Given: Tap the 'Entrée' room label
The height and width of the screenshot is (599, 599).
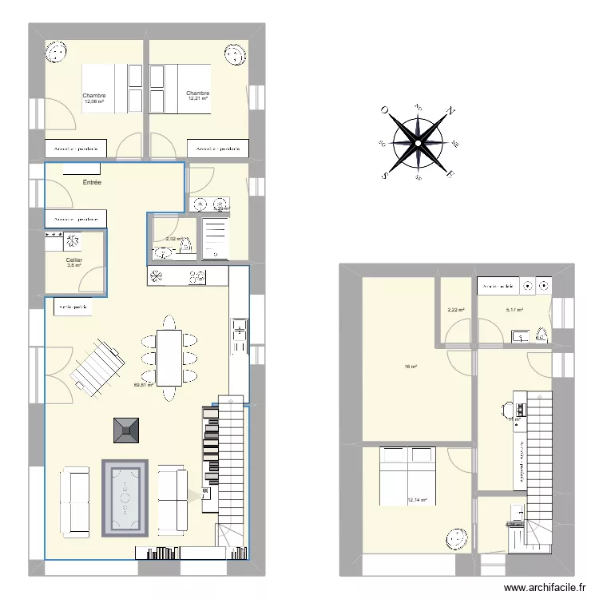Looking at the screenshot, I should (x=93, y=183).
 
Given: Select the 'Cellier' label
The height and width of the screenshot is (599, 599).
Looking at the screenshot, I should (x=74, y=260).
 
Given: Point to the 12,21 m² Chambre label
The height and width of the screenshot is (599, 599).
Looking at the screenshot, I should (x=197, y=96).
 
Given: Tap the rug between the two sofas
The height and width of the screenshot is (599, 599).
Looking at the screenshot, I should (x=125, y=498).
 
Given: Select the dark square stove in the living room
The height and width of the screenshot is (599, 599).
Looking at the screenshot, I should (x=125, y=430).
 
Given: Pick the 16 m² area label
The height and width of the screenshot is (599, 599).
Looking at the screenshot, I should (x=410, y=367).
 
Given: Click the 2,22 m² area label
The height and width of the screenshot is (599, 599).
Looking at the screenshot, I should (x=455, y=310).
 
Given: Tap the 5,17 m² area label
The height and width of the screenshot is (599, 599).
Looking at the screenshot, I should (x=514, y=310).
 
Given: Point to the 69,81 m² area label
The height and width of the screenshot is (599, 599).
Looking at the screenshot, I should (x=144, y=385).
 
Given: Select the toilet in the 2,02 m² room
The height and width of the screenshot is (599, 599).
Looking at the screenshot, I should (x=165, y=254).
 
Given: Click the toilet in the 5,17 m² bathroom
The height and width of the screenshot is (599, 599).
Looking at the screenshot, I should (x=541, y=335).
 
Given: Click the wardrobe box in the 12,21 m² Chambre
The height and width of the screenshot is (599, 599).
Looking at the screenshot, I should (x=218, y=149).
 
